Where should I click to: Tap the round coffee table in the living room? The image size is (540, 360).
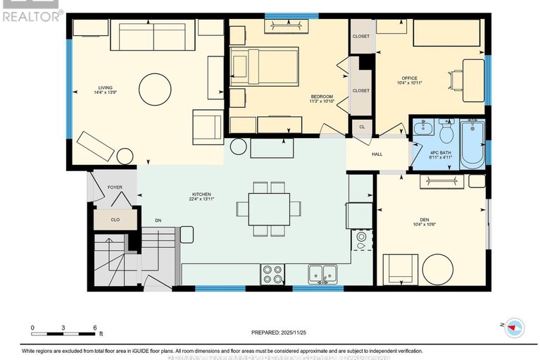155,91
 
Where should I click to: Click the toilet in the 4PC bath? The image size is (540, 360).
446,132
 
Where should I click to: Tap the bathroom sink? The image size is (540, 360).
423,129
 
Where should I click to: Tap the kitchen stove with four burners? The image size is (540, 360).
272,273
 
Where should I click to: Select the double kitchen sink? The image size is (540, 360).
322,273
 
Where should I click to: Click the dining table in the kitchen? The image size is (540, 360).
268,209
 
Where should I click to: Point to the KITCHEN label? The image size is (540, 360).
201,195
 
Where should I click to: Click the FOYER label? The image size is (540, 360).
115,187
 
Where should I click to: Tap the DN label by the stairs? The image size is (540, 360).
158,221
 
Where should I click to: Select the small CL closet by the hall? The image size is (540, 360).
362,128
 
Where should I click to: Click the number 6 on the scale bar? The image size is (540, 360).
94,328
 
